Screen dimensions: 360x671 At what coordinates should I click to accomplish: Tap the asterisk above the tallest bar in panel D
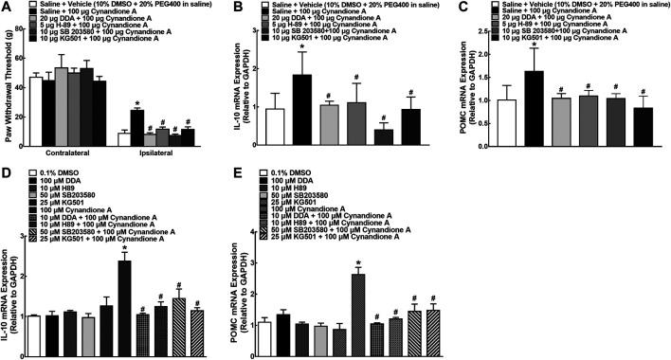pyautogui.click(x=123, y=248)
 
